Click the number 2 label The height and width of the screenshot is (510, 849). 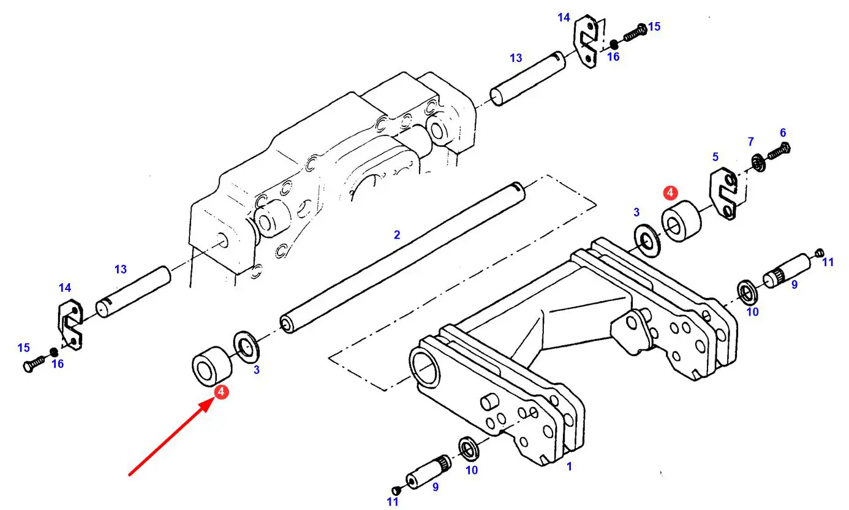(x=397, y=235)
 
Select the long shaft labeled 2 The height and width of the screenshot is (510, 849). (x=402, y=257)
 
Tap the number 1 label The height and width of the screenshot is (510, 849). (x=569, y=466)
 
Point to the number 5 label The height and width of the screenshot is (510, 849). (x=715, y=156)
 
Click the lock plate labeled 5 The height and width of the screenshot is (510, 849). (x=723, y=193)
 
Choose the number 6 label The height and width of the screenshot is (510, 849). (x=783, y=133)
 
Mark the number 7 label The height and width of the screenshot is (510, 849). (x=751, y=142)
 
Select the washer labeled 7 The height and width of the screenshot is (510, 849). (x=759, y=162)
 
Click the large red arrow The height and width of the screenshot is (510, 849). (x=171, y=438)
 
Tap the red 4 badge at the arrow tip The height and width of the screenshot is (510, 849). (x=221, y=392)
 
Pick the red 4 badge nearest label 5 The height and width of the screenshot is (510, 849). (x=670, y=192)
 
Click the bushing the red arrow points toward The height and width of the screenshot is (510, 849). (x=212, y=365)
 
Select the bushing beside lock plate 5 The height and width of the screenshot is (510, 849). (x=682, y=221)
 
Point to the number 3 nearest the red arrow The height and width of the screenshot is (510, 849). (x=257, y=370)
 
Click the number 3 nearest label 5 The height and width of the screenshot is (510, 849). (x=636, y=212)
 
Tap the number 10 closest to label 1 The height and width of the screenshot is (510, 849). (x=472, y=470)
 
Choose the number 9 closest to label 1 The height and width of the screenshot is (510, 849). (x=436, y=487)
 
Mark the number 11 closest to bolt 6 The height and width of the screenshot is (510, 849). (x=828, y=262)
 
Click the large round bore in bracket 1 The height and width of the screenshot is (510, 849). (x=426, y=367)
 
